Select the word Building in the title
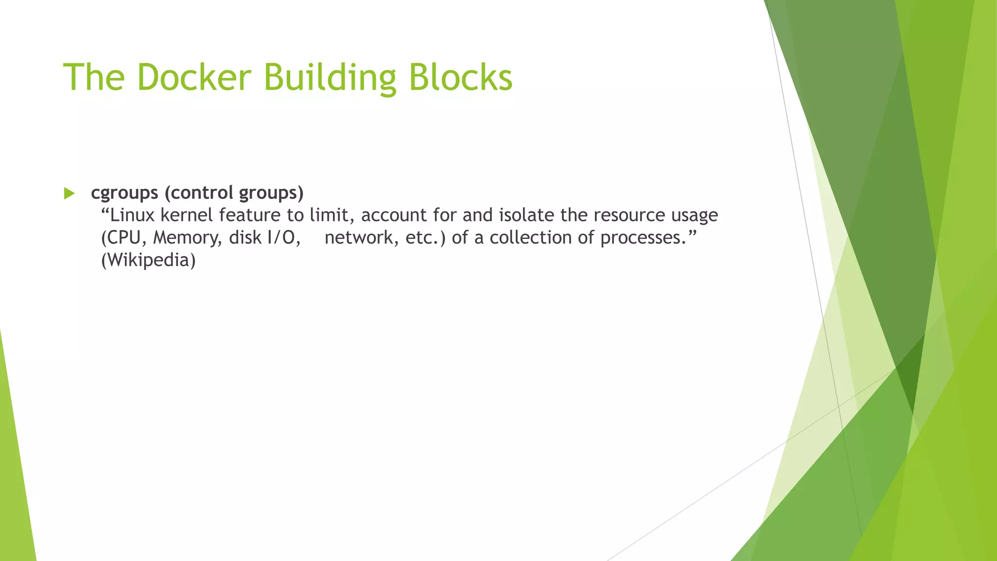click(330, 78)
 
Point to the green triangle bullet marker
click(69, 193)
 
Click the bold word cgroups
click(124, 193)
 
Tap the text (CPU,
click(124, 238)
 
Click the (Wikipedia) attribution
click(148, 260)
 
